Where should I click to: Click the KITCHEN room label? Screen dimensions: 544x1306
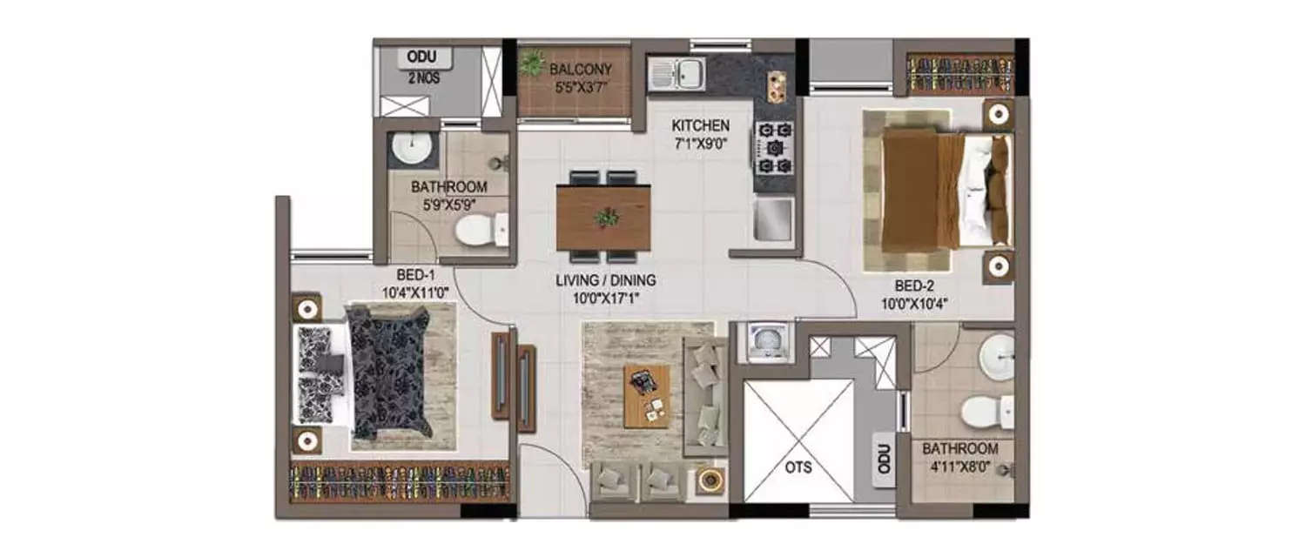pyautogui.click(x=700, y=126)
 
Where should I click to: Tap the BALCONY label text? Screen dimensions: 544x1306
pyautogui.click(x=581, y=70)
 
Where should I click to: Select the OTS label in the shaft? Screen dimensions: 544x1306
pyautogui.click(x=797, y=467)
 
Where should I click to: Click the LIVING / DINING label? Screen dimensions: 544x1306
pyautogui.click(x=605, y=281)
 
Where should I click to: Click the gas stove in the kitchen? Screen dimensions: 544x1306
pyautogui.click(x=775, y=147)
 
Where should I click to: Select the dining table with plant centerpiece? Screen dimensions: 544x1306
pyautogui.click(x=603, y=218)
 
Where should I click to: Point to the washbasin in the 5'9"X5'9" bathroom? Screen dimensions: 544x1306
pyautogui.click(x=408, y=150)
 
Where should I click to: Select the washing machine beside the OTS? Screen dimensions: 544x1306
pyautogui.click(x=764, y=341)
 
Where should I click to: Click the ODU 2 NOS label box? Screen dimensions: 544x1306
pyautogui.click(x=426, y=59)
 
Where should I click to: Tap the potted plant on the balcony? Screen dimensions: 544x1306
pyautogui.click(x=532, y=63)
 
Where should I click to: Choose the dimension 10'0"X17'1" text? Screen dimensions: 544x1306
pyautogui.click(x=605, y=299)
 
